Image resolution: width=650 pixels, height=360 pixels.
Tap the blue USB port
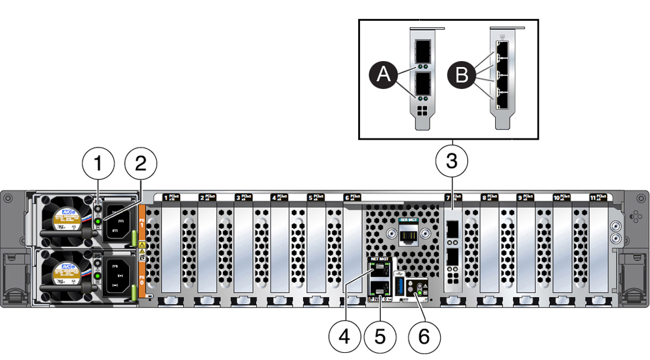click(x=400, y=287)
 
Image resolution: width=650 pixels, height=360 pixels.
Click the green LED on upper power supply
click(x=97, y=222)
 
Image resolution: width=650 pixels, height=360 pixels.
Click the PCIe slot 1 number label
click(x=166, y=196)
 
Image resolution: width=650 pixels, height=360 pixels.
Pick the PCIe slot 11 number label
click(x=593, y=196)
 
